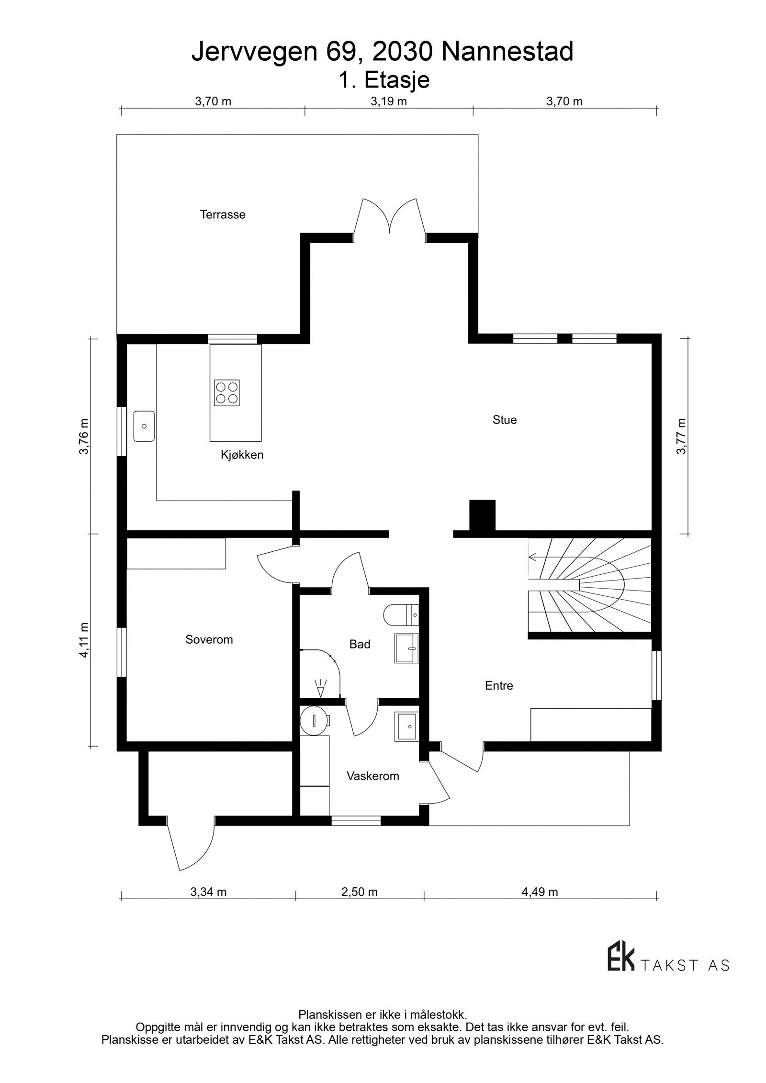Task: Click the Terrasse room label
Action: pos(223,214)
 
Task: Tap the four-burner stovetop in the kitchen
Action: pos(227,392)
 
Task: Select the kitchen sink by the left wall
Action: pos(144,426)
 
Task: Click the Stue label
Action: pos(505,420)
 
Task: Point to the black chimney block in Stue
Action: pos(482,516)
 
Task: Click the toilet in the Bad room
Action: pos(401,614)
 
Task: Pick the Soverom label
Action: pos(209,639)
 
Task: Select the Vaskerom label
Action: pos(373,776)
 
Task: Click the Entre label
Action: pos(499,685)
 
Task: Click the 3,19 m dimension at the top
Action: pos(389,101)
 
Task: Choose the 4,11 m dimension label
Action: pos(84,640)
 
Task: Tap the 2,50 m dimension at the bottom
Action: pos(360,892)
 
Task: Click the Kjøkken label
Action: pos(242,455)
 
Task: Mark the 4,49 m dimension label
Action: pos(540,892)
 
